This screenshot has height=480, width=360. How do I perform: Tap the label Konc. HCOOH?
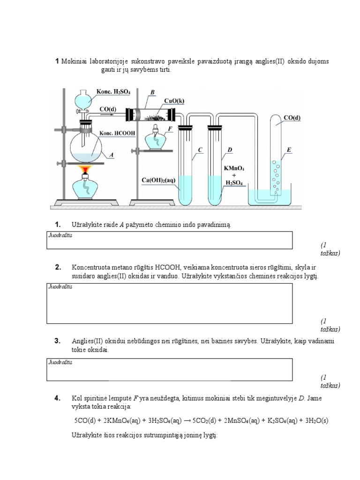(116, 133)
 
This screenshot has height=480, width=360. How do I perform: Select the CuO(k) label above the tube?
(174, 101)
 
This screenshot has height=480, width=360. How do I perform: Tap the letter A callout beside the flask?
(111, 153)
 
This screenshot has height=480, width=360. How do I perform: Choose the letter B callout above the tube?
(152, 92)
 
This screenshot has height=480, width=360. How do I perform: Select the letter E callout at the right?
(289, 150)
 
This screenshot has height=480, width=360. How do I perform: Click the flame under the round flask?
(85, 169)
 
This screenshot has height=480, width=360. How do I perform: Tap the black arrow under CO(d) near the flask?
(107, 113)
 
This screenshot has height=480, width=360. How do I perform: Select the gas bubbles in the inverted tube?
(276, 177)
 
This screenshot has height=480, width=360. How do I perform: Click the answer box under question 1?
(169, 240)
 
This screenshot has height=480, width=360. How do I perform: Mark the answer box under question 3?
(169, 369)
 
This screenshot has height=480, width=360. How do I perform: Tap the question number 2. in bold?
(58, 267)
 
